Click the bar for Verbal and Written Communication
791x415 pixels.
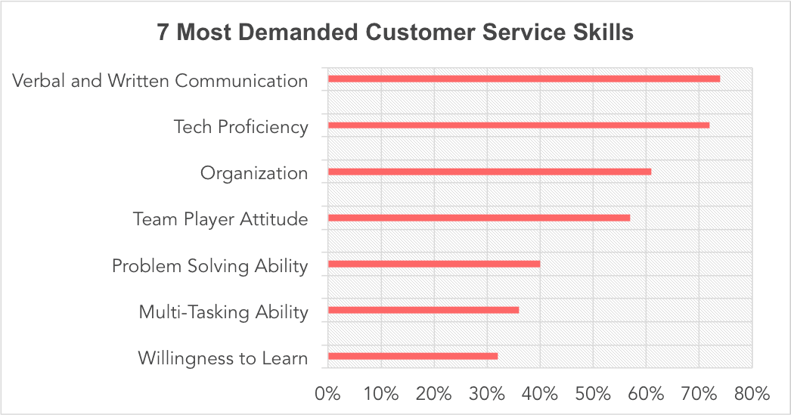click(523, 79)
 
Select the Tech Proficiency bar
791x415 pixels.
click(518, 125)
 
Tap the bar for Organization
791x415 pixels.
click(489, 172)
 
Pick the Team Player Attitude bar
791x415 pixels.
click(479, 218)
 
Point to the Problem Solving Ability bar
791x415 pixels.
click(433, 264)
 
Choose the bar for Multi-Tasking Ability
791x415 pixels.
click(423, 310)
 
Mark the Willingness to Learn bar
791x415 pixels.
click(412, 356)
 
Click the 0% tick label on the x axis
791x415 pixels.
click(327, 394)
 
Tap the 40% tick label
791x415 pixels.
click(539, 394)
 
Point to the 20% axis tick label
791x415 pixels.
click(433, 394)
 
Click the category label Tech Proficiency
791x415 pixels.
click(240, 126)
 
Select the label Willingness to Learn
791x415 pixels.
click(222, 358)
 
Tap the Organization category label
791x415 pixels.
click(253, 173)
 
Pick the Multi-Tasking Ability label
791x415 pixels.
click(223, 311)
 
